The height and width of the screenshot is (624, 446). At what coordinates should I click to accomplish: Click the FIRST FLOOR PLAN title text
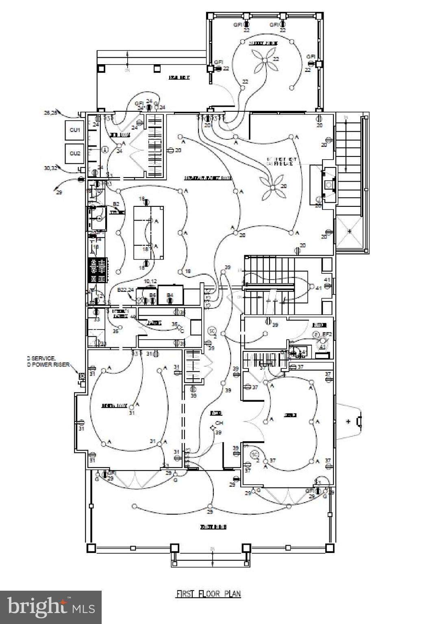click(x=208, y=594)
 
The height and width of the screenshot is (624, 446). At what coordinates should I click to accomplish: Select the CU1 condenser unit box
click(x=75, y=130)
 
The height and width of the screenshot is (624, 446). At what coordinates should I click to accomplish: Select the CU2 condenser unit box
click(x=75, y=154)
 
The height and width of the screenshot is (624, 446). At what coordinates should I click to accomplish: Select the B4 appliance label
click(x=170, y=295)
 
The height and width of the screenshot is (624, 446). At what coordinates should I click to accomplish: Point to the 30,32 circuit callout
click(x=51, y=167)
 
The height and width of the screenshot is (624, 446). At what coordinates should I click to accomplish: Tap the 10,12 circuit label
click(x=150, y=281)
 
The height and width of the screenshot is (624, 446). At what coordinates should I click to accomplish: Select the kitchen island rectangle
click(x=149, y=233)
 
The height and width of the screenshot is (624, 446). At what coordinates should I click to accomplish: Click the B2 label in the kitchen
click(x=116, y=204)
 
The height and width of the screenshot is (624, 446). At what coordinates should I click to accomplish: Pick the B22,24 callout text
click(x=125, y=290)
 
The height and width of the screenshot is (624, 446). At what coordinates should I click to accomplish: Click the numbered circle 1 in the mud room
click(x=104, y=150)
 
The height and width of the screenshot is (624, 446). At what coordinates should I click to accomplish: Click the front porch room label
click(x=213, y=527)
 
